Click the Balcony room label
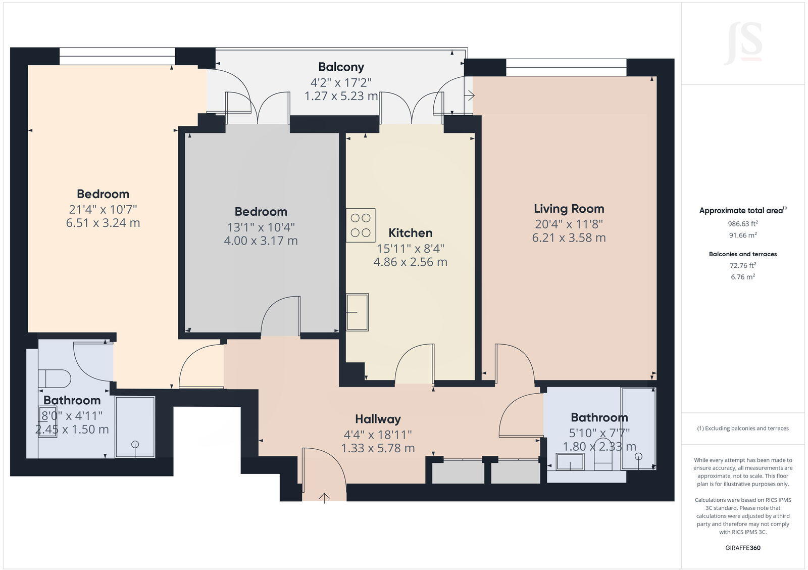click(x=341, y=67)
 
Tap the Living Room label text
click(x=569, y=209)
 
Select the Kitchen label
click(x=410, y=233)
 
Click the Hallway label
click(x=378, y=419)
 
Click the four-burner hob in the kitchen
click(x=361, y=225)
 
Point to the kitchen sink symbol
click(x=357, y=312)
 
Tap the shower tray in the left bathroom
click(x=135, y=427)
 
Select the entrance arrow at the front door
click(x=324, y=498)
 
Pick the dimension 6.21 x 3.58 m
click(x=569, y=238)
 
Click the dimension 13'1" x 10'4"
click(x=261, y=227)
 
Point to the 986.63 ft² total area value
click(x=742, y=223)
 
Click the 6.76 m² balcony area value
click(x=742, y=277)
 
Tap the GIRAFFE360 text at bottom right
click(x=743, y=548)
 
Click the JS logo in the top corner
click(x=743, y=43)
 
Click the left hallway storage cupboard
click(x=458, y=472)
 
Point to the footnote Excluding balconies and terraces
click(x=743, y=429)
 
